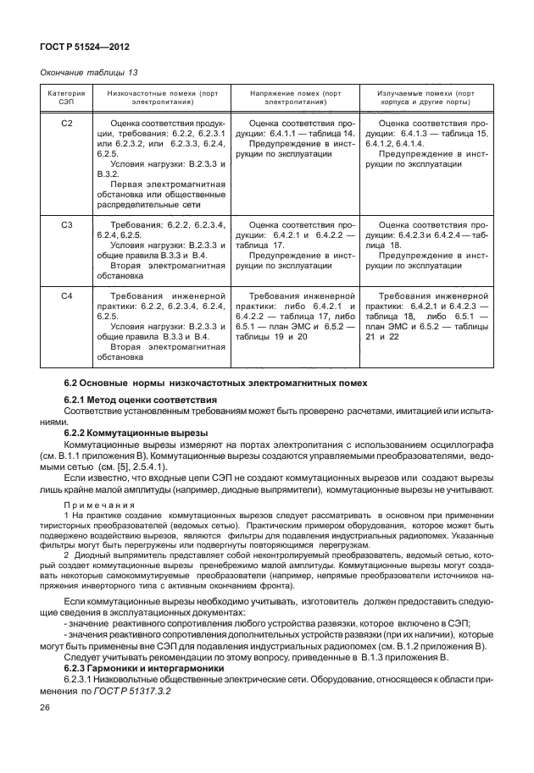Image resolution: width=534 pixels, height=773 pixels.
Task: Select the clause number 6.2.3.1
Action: click(x=84, y=679)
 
